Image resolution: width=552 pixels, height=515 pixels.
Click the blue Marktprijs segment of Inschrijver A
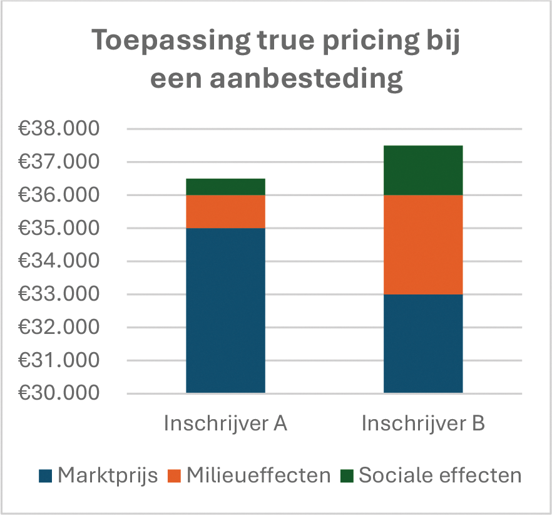[225, 310]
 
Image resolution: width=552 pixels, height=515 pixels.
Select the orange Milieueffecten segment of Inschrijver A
[225, 211]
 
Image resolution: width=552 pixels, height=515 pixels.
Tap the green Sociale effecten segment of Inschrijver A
[225, 187]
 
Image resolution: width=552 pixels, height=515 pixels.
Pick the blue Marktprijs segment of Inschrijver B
[422, 343]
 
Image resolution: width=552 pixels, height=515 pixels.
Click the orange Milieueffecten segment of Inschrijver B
[422, 244]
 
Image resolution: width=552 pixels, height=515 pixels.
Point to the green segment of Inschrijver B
[422, 170]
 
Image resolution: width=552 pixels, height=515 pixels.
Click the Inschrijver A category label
[225, 424]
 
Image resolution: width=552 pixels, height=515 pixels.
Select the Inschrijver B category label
[423, 424]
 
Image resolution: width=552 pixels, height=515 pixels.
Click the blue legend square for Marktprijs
[46, 476]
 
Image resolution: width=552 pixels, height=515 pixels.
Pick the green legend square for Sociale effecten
[347, 476]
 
